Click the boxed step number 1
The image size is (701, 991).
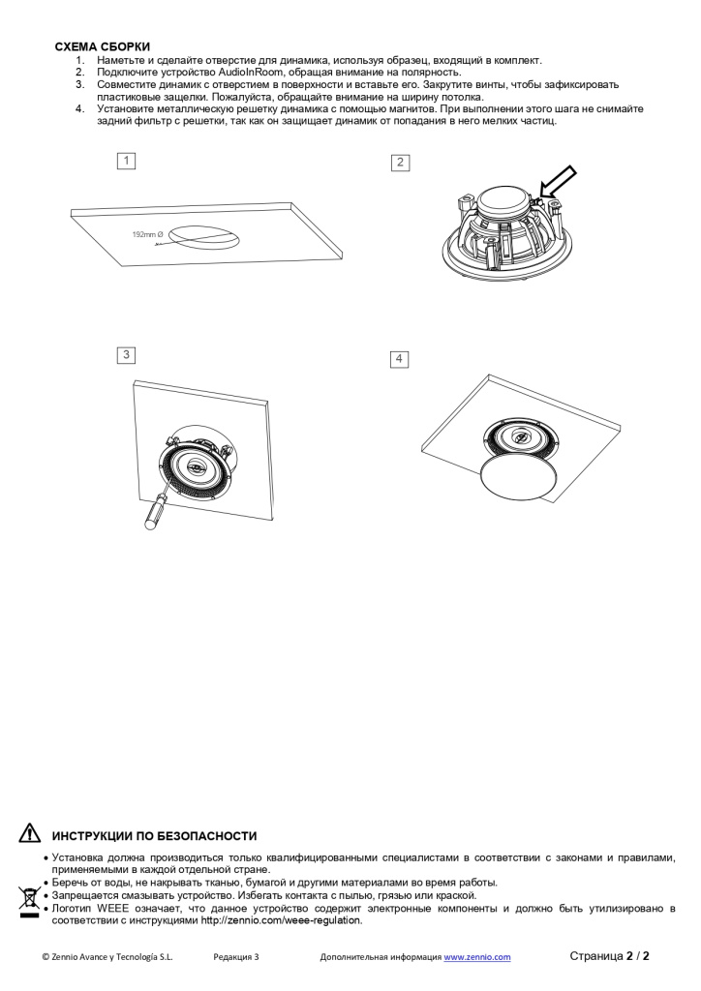coord(126,161)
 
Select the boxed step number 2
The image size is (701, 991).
coord(400,162)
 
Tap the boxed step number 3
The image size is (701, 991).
coord(126,355)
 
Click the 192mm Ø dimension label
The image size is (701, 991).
coord(148,235)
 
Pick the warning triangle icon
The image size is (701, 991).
coord(30,834)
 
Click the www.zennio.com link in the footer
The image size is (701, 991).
coord(477,957)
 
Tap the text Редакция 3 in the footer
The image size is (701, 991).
coord(236,957)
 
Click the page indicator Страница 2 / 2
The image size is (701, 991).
coord(609,956)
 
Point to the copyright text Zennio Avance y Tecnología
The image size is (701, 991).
coord(107,957)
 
